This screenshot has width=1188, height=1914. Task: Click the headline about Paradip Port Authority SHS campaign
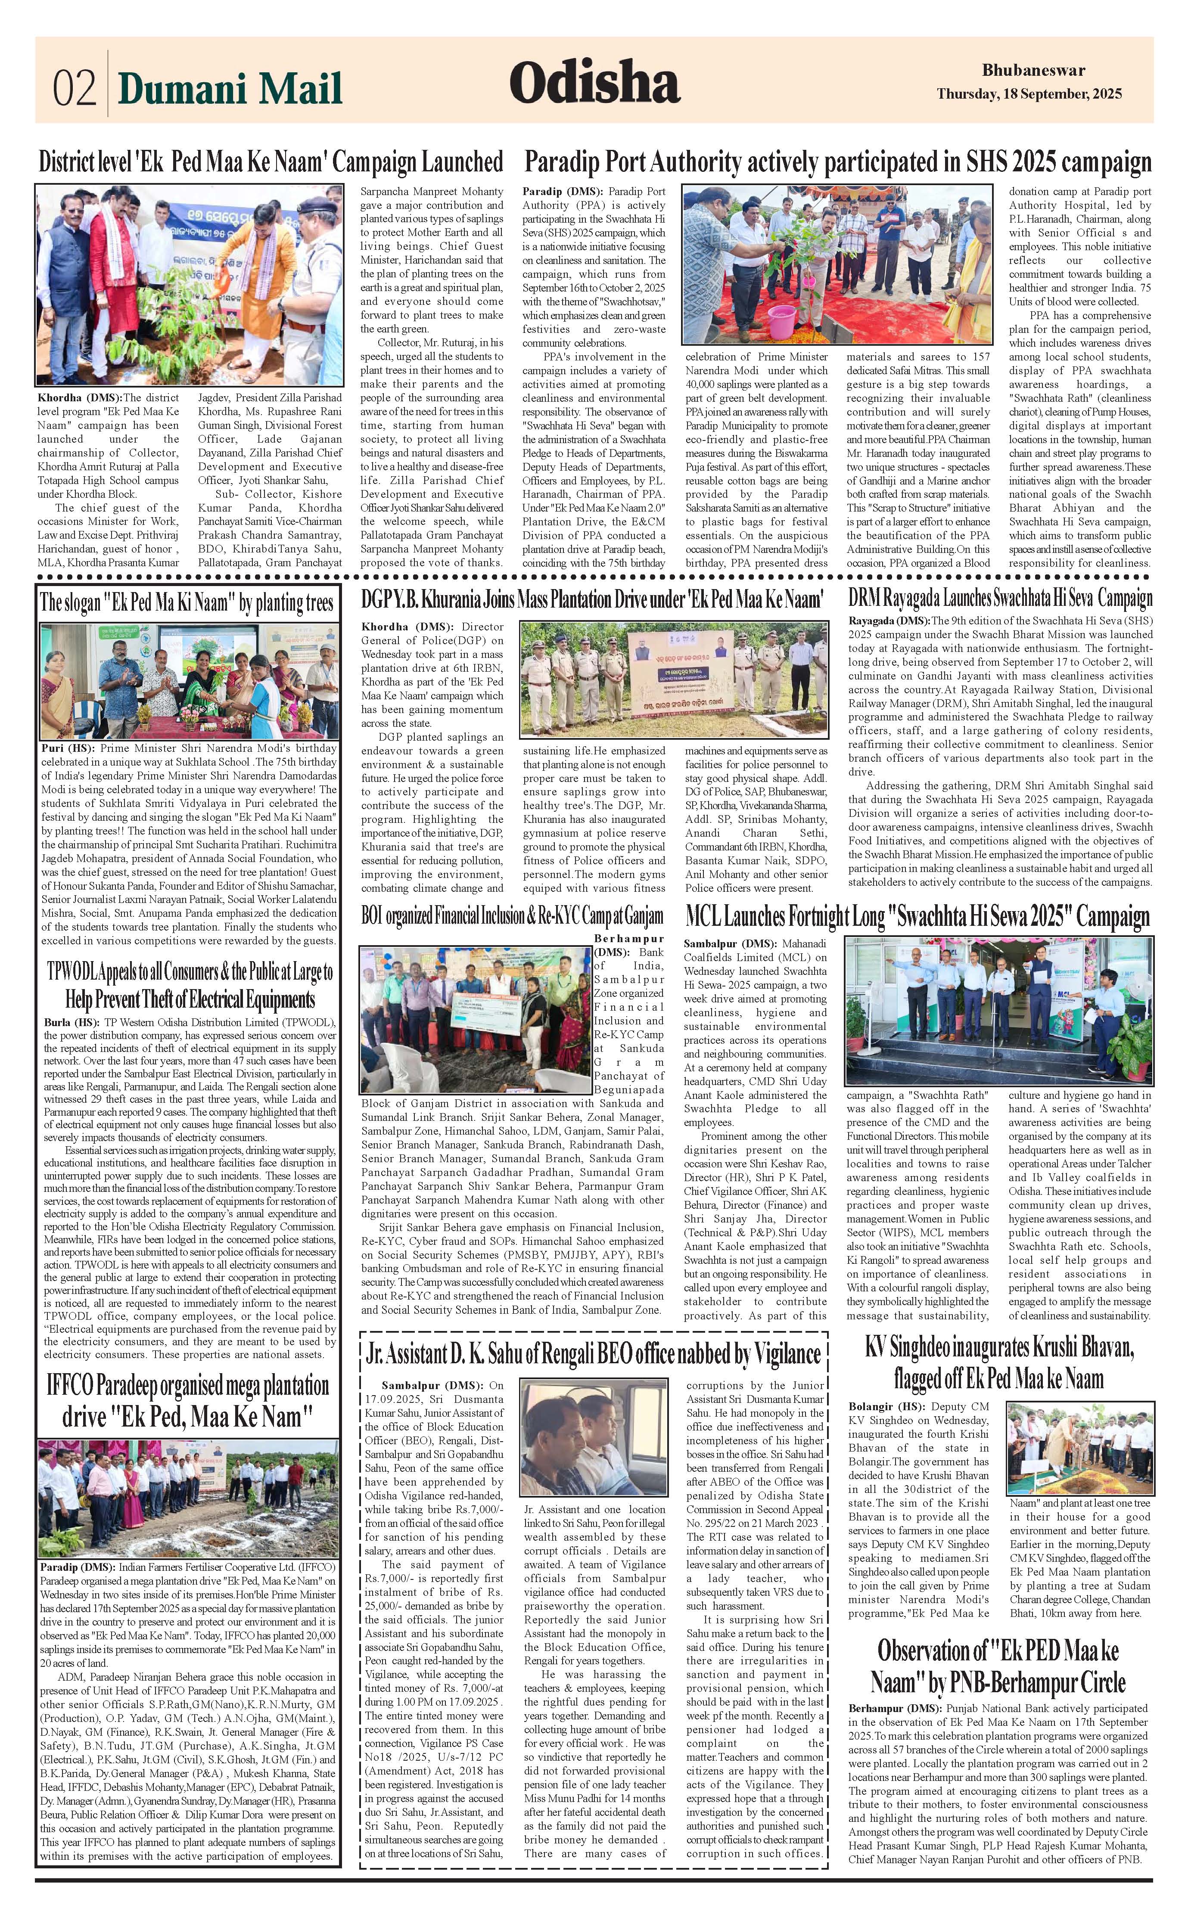click(x=837, y=163)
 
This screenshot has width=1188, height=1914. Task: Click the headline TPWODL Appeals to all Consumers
click(x=190, y=985)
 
